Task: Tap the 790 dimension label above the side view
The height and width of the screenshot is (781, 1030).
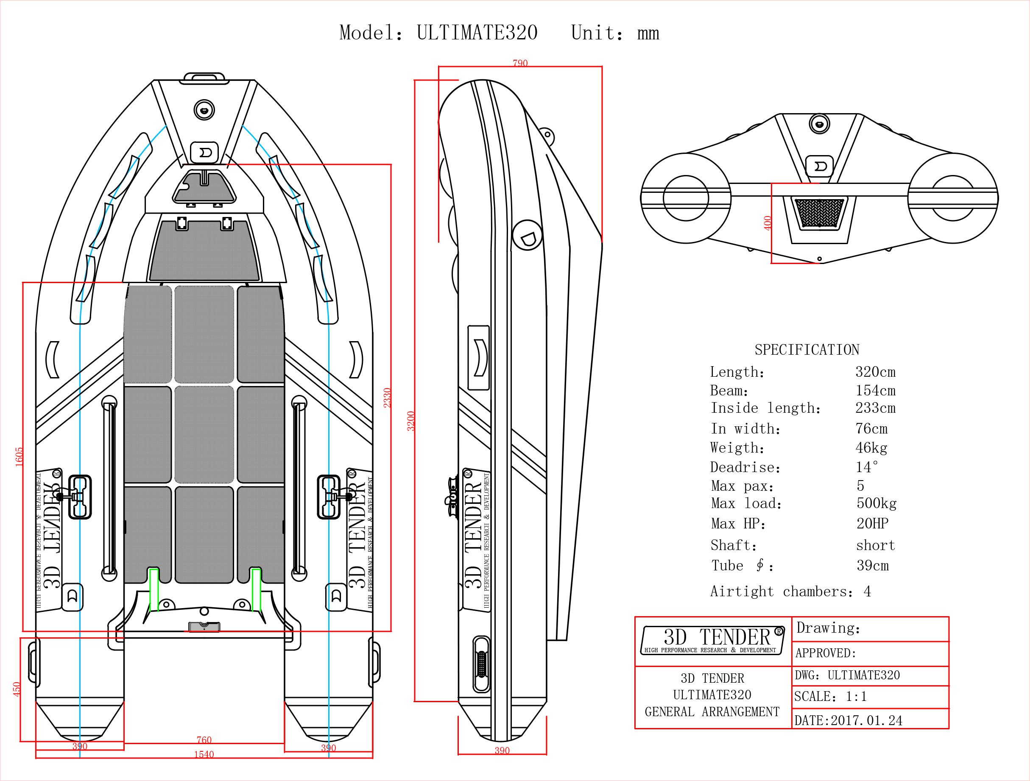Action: (520, 63)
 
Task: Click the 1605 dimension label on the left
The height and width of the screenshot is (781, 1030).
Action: (19, 456)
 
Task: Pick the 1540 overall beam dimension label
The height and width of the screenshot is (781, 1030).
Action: (204, 754)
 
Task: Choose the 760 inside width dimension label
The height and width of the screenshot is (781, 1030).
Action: (204, 739)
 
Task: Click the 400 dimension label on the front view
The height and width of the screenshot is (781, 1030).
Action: (768, 223)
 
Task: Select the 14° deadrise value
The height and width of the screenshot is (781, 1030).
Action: (867, 467)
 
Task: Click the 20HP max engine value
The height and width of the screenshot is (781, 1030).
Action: (872, 524)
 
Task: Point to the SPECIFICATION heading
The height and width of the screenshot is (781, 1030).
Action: (807, 350)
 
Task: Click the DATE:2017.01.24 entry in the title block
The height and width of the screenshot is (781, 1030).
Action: (848, 720)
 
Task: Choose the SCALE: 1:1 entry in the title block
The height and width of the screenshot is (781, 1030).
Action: (830, 696)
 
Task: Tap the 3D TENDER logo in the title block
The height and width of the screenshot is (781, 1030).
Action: (713, 640)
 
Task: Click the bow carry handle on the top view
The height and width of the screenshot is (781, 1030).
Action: (204, 78)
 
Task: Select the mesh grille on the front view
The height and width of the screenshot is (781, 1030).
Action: (819, 213)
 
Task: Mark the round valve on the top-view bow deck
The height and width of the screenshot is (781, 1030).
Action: (204, 110)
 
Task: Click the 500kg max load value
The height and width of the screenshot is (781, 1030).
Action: (876, 503)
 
